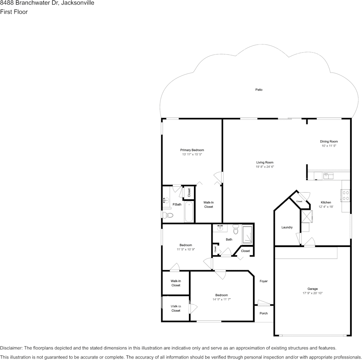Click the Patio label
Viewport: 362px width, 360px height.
(x=259, y=90)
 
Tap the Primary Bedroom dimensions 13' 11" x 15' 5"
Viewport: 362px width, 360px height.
(x=192, y=155)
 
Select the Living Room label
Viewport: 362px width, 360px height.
(x=265, y=162)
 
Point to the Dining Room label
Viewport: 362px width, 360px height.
(x=329, y=142)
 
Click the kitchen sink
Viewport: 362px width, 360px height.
(x=328, y=175)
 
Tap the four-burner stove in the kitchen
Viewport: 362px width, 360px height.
(x=346, y=196)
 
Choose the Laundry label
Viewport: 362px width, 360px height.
(x=287, y=228)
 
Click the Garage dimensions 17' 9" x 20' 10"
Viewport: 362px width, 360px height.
(x=312, y=293)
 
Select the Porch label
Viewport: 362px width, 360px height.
(x=264, y=314)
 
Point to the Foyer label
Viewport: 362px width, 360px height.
(x=264, y=281)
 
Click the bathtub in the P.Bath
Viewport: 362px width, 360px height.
(x=189, y=212)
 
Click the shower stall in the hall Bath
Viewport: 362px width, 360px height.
(x=247, y=234)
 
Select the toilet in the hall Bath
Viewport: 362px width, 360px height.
(x=235, y=230)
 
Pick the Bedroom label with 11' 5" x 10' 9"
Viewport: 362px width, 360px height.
(x=186, y=245)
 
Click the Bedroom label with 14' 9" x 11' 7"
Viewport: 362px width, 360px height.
(x=221, y=295)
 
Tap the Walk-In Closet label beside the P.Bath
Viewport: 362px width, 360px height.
(x=208, y=205)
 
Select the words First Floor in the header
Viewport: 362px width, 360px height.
(x=14, y=12)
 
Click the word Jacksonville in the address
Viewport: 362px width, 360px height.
(x=78, y=3)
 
